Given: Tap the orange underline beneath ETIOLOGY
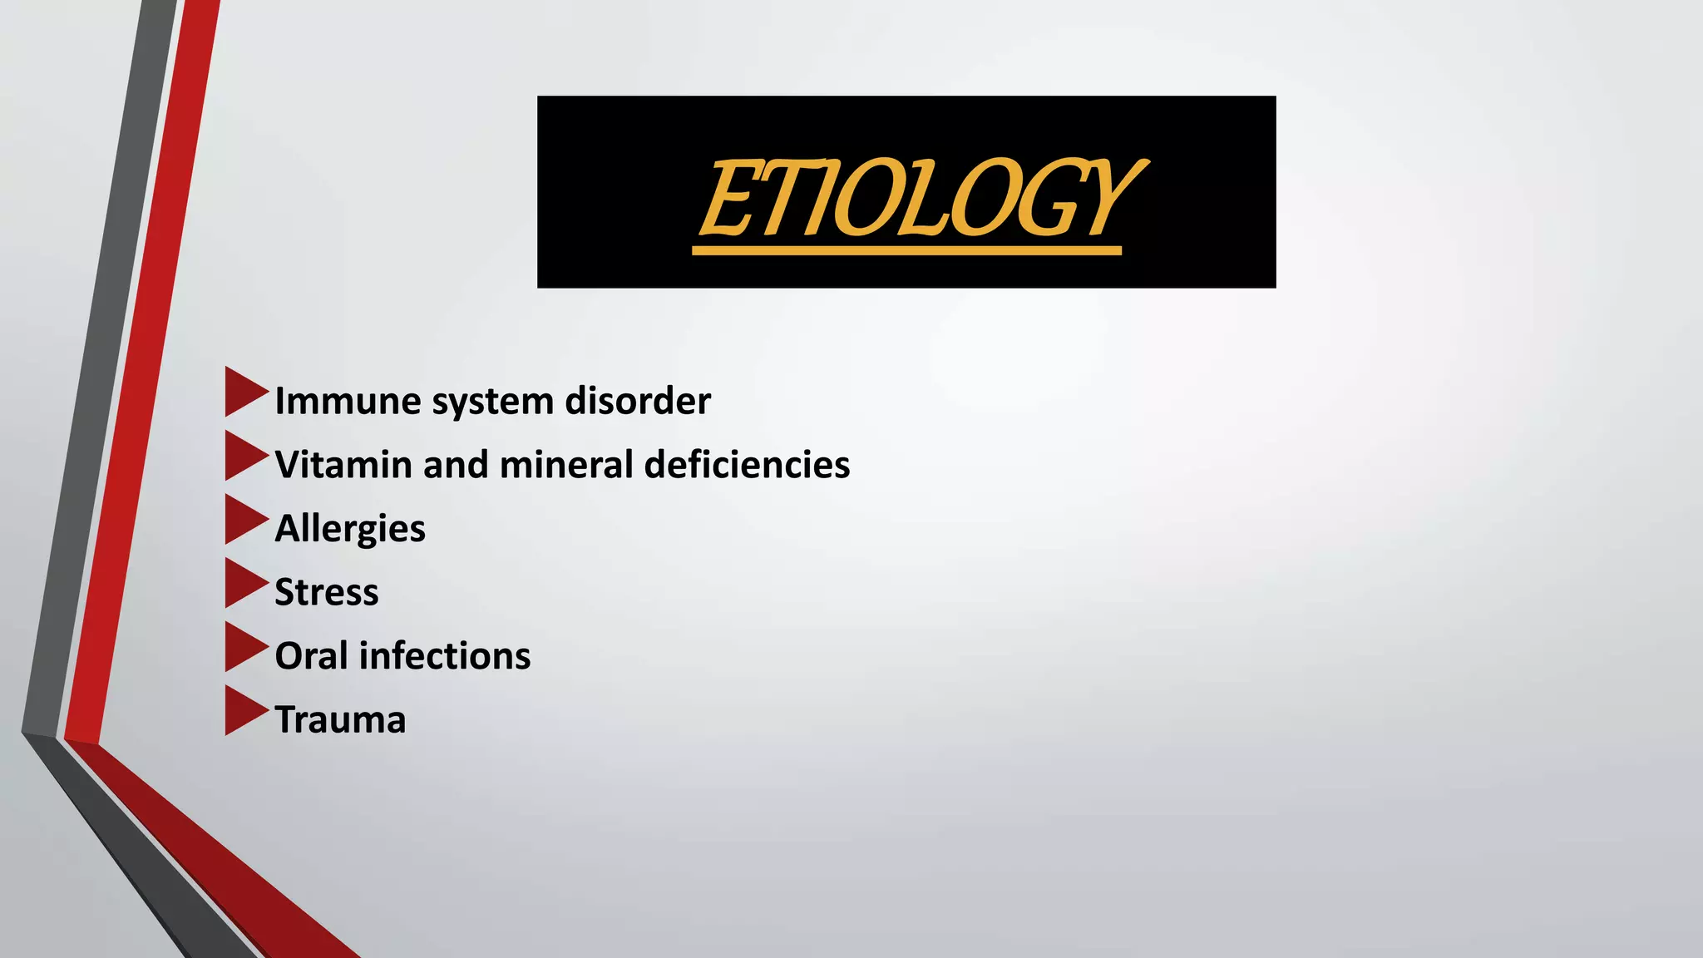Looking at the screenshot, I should point(906,250).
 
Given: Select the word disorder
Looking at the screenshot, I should point(638,401).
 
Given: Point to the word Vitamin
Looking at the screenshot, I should point(343,465).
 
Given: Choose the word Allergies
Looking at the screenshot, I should point(350,529).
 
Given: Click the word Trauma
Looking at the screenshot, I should point(340,720).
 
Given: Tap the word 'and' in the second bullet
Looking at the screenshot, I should point(455,465).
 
